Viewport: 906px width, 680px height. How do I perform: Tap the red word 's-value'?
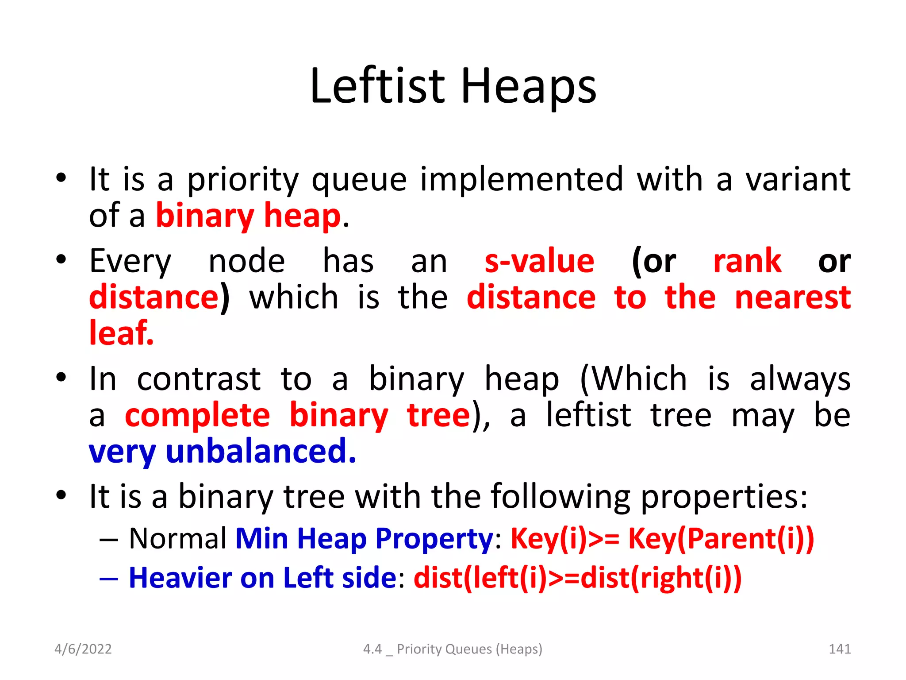pos(539,261)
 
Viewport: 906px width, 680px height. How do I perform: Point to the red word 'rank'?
pos(747,261)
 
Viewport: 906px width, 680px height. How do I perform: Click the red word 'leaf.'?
pos(121,333)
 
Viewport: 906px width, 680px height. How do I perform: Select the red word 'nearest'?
pos(792,297)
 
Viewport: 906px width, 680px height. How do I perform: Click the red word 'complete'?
pos(197,415)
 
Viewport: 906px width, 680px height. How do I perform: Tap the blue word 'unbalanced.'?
pos(261,451)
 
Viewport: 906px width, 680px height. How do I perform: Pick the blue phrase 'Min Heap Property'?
pos(364,539)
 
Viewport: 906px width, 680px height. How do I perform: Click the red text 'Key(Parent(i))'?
pos(721,539)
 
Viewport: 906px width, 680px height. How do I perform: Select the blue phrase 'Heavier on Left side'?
pos(263,578)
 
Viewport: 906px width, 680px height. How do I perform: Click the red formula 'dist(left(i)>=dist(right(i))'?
pos(577,578)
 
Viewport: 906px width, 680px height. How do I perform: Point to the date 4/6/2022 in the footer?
pos(83,649)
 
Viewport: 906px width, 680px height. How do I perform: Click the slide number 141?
pos(839,649)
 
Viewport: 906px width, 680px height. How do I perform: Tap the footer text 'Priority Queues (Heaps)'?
pos(469,649)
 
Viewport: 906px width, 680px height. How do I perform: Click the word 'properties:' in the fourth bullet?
pos(724,496)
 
